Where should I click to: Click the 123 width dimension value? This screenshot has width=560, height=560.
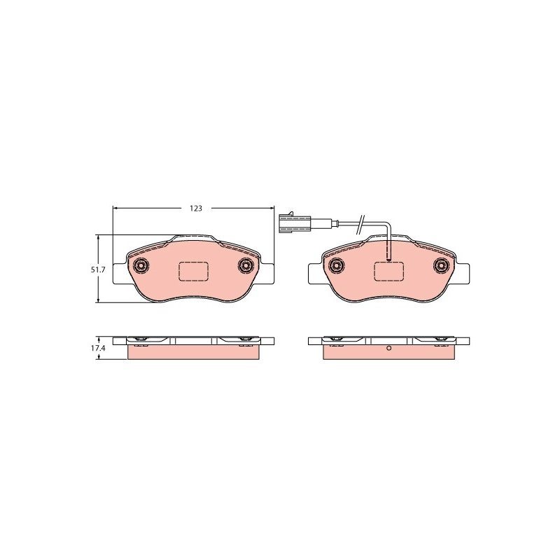click(196, 209)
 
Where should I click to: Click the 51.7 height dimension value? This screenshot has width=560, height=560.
click(97, 270)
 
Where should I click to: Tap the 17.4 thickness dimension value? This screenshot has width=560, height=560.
click(97, 348)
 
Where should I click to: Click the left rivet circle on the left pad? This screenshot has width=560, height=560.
click(141, 265)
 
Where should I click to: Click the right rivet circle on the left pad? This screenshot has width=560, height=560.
click(246, 265)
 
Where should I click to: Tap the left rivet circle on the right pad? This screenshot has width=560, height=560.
click(337, 265)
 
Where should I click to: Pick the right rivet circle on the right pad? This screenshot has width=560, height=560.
click(441, 265)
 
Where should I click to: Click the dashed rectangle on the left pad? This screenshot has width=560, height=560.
click(193, 272)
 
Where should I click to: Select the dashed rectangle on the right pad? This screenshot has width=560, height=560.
click(388, 272)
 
